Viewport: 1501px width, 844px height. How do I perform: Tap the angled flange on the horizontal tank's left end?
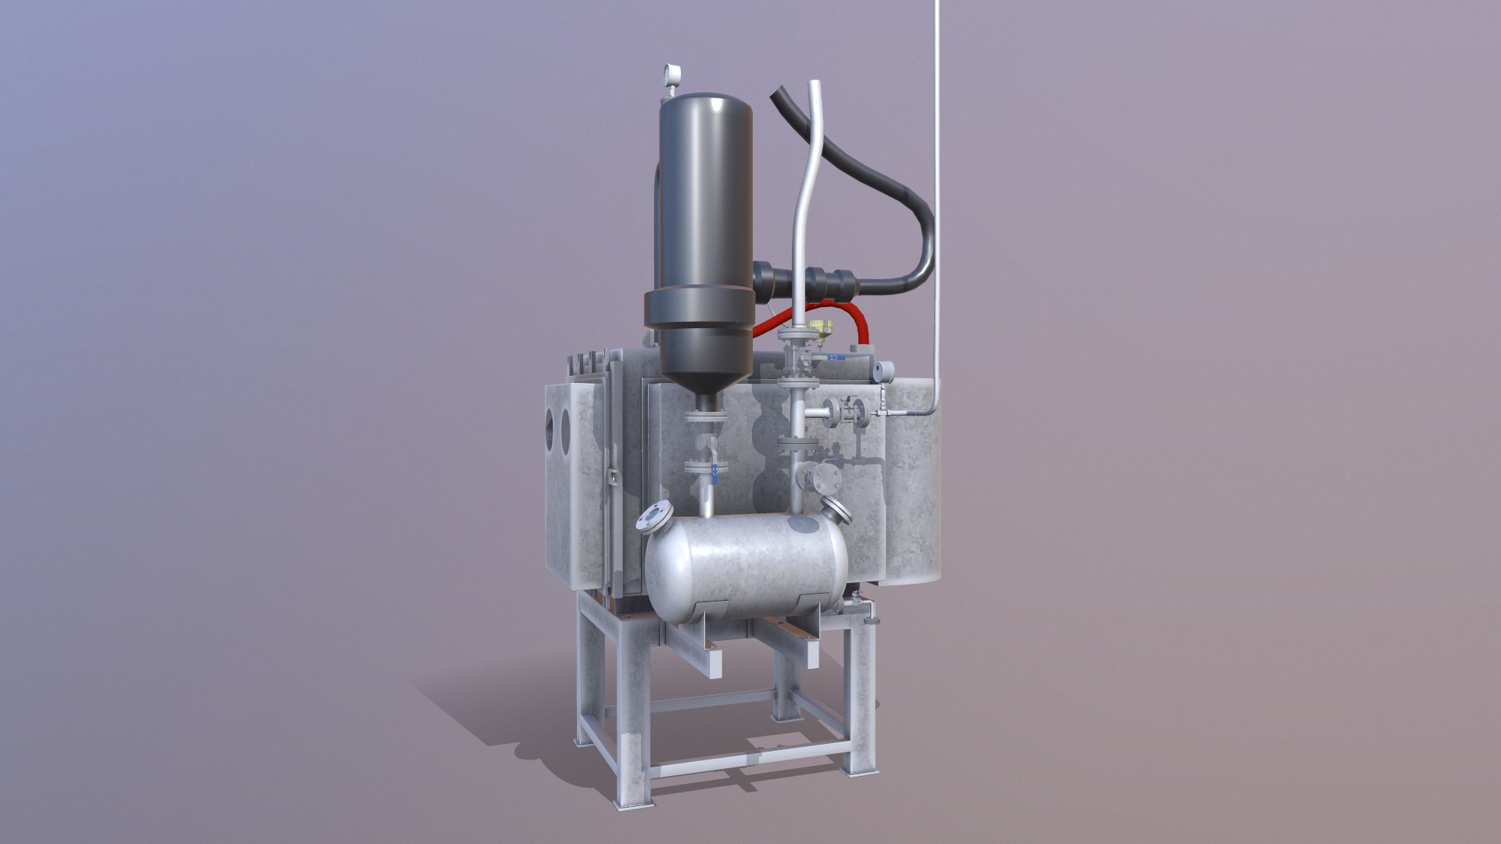655,517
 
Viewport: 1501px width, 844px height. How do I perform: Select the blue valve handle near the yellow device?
835,357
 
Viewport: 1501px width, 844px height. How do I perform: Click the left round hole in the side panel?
552,427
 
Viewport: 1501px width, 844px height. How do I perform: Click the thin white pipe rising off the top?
936,195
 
